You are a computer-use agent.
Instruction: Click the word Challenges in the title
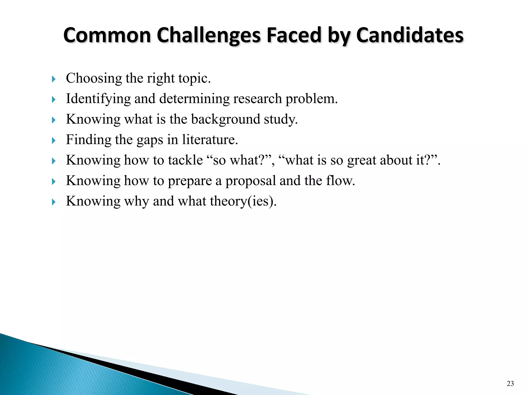point(209,35)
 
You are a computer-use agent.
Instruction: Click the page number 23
point(510,384)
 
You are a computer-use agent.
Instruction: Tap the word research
point(257,99)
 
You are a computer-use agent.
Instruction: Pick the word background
point(226,119)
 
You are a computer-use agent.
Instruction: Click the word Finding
point(88,140)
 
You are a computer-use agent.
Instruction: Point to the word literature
point(210,140)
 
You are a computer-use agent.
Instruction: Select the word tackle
point(185,160)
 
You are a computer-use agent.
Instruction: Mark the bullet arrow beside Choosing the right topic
point(54,79)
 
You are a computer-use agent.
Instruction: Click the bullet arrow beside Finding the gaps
point(54,140)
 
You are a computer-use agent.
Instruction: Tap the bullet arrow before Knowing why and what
point(54,202)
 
